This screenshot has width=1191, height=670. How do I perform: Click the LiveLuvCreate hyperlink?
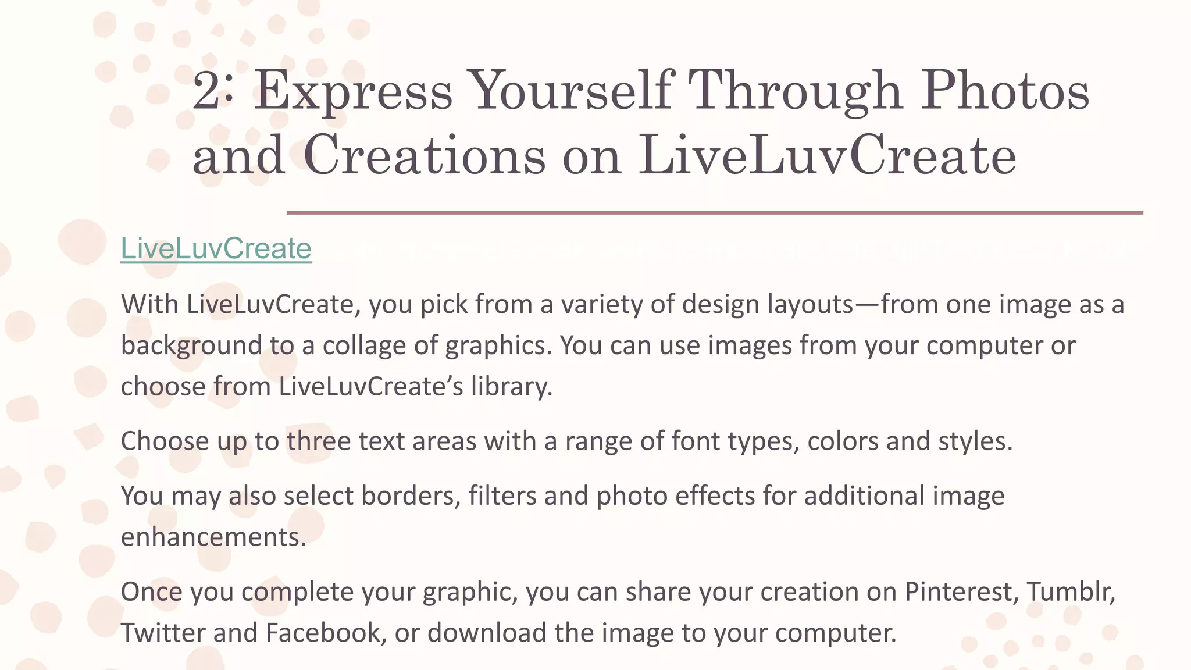coord(216,249)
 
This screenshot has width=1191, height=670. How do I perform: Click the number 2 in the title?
coord(206,90)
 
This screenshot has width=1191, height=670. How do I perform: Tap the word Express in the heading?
coord(353,91)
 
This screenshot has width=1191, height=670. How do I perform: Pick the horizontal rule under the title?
coord(714,213)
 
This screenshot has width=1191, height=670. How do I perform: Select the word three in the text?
coord(318,441)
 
